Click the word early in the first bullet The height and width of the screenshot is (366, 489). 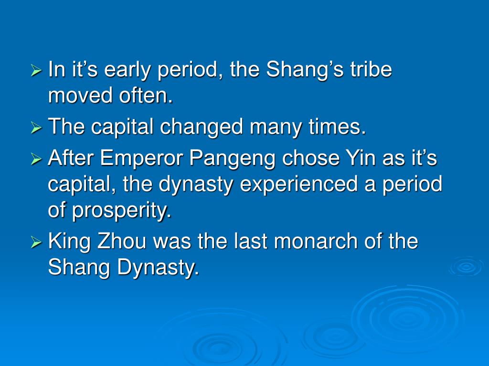(126, 70)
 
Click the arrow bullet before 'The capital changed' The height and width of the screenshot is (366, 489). (36, 128)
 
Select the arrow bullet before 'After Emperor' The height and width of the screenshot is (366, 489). (36, 159)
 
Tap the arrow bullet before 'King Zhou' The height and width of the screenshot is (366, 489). (36, 243)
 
